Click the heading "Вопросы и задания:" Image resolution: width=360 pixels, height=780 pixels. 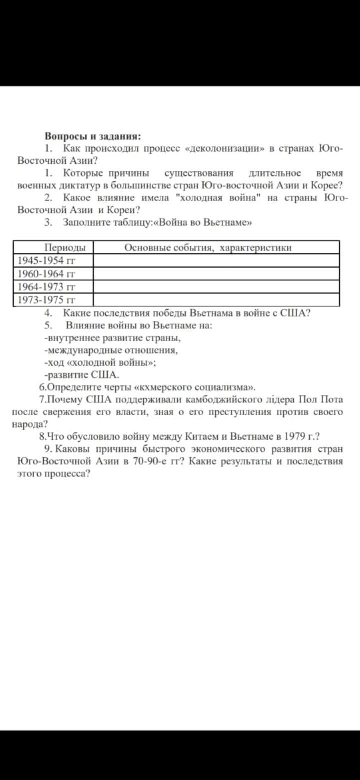pos(93,136)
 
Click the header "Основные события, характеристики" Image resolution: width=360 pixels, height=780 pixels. pos(208,248)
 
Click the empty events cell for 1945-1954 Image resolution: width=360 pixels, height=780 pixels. pos(216,261)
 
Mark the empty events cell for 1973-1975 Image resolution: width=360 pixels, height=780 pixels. pos(216,300)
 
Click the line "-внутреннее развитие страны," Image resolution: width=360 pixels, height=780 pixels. pos(112,338)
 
